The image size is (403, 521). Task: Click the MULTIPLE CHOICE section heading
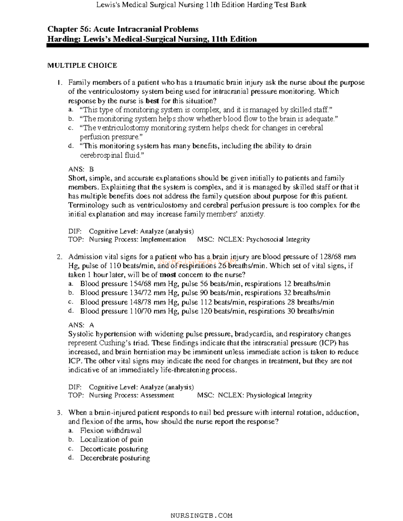82,66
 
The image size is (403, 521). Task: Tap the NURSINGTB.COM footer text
201,515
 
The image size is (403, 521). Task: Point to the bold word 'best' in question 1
152,101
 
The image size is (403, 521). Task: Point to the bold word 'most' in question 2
168,275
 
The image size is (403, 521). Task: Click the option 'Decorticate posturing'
114,449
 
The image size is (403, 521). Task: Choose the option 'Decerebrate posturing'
115,458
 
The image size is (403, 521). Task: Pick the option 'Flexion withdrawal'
110,431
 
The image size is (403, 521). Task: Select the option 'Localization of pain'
111,440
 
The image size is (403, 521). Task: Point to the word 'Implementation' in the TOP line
163,240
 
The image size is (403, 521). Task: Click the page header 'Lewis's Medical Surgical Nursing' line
201,5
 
